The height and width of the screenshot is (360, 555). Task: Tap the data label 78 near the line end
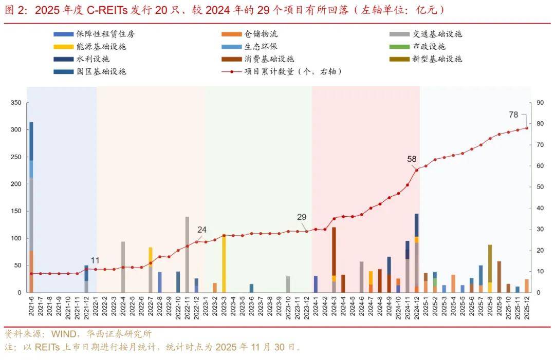[x=513, y=115]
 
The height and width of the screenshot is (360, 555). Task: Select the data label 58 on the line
[x=412, y=159]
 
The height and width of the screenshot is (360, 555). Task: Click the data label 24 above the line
[x=202, y=230]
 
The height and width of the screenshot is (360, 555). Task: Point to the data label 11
[x=95, y=260]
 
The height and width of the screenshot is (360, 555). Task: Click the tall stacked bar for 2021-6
[x=31, y=205]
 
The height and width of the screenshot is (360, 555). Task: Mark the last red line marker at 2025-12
[x=527, y=128]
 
